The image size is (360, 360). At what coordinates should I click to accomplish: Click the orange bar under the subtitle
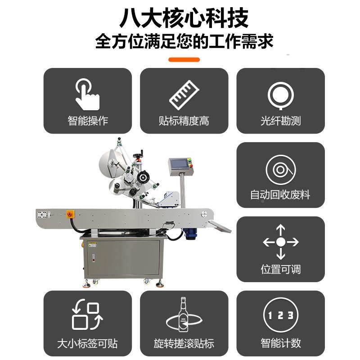[x=184, y=59]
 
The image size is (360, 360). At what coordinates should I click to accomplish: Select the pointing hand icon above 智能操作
[x=87, y=94]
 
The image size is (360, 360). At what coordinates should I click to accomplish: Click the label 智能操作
[x=88, y=121]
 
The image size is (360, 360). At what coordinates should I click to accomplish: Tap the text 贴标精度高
[x=184, y=121]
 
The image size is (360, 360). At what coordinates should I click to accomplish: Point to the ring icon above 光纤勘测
[x=280, y=94]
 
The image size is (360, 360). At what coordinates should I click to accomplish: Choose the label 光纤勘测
[x=280, y=121]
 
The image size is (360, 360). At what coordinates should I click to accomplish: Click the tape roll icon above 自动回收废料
[x=280, y=170]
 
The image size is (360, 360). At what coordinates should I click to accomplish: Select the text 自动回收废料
[x=280, y=195]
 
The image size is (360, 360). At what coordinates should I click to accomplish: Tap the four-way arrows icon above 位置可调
[x=280, y=242]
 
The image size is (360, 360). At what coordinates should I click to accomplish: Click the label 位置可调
[x=280, y=269]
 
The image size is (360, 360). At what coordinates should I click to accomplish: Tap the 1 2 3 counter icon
[x=280, y=315]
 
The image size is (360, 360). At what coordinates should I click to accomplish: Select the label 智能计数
[x=280, y=343]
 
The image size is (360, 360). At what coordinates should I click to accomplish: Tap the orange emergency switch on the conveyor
[x=70, y=213]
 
